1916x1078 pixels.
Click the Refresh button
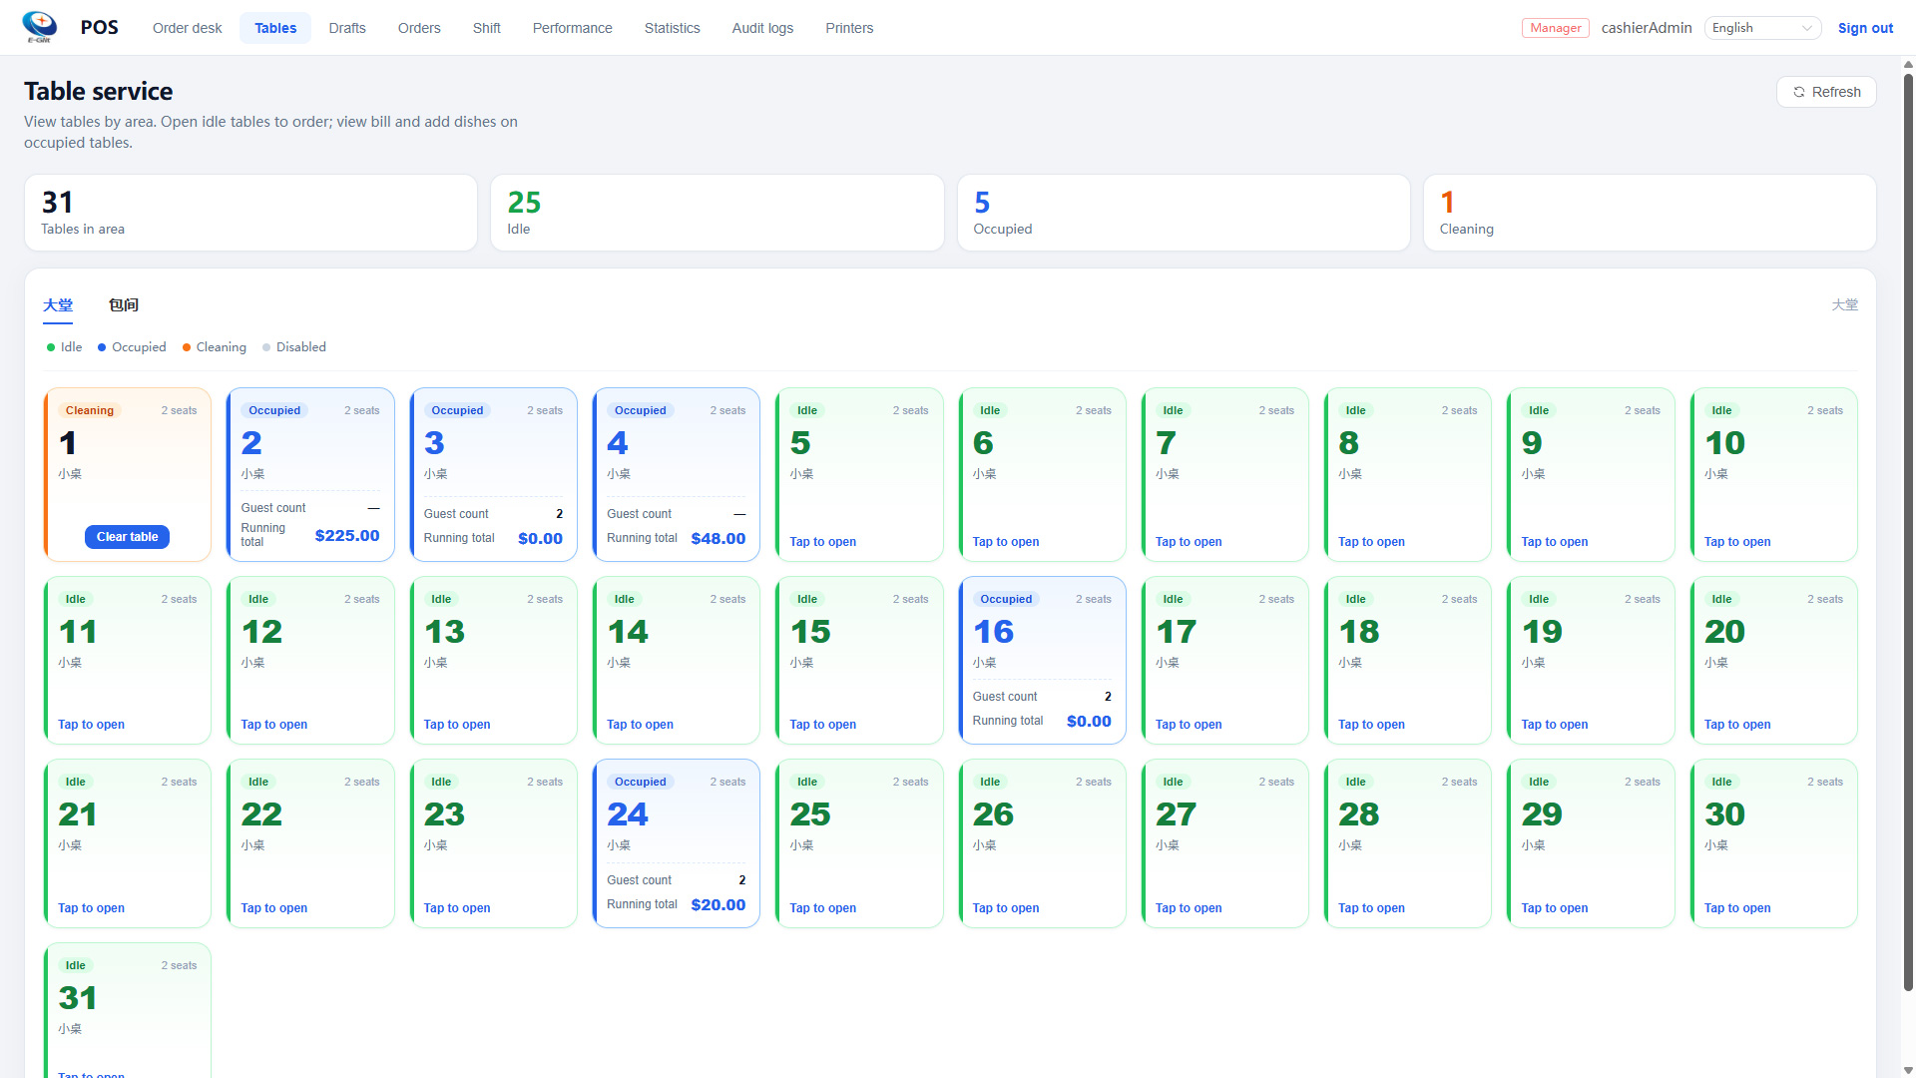(1826, 92)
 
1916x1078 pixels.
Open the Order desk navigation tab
(188, 28)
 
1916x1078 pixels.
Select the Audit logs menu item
(762, 28)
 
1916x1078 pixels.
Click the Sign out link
(1865, 28)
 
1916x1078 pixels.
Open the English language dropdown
(1762, 28)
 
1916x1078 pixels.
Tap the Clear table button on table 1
(128, 537)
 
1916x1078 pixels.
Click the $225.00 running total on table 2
(347, 535)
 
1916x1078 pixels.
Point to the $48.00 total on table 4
(718, 538)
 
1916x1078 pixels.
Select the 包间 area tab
(124, 305)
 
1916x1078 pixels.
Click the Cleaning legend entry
(215, 347)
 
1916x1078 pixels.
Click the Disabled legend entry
(294, 347)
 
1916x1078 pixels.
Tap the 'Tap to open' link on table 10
(1737, 542)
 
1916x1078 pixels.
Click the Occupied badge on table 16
(1006, 599)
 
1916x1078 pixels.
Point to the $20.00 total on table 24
(718, 904)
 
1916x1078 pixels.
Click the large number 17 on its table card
(1176, 632)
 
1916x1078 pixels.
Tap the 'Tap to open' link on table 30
(1737, 908)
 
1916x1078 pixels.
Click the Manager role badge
(1556, 28)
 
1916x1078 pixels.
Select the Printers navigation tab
(849, 28)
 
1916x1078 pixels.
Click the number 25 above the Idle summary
(524, 203)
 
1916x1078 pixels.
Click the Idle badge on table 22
(258, 782)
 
